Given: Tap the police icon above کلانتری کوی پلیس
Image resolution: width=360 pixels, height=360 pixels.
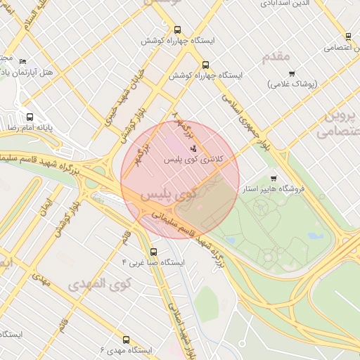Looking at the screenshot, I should [x=193, y=148].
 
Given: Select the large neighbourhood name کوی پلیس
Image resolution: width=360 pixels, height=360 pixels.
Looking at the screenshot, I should [x=168, y=193].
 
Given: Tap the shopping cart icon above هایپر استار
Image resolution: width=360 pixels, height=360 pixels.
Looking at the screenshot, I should [x=273, y=178].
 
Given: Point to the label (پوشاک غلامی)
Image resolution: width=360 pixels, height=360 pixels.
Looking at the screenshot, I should [x=292, y=84].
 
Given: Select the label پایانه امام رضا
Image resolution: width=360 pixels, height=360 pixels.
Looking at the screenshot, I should [x=30, y=128].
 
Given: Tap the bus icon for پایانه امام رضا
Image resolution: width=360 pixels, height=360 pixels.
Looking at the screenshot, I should [x=30, y=117].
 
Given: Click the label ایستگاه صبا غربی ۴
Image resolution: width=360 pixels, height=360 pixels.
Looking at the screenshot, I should [x=153, y=262].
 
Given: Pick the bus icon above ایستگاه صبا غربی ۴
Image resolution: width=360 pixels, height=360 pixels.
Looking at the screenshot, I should [x=153, y=251].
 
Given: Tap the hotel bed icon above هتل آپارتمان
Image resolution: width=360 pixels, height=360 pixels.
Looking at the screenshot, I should [x=24, y=61].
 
